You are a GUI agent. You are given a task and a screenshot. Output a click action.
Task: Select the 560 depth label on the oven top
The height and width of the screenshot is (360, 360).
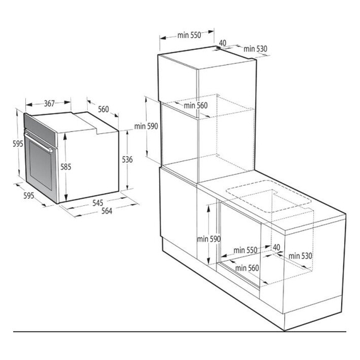[104, 109]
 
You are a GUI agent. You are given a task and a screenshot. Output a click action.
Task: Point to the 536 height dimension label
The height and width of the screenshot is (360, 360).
[128, 160]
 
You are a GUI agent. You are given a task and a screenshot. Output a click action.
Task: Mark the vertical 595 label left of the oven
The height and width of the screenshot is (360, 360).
[18, 144]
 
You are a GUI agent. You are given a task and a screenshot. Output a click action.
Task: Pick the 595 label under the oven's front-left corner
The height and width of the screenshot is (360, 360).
[28, 196]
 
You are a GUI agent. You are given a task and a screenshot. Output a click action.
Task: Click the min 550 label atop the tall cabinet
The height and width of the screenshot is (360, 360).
[188, 35]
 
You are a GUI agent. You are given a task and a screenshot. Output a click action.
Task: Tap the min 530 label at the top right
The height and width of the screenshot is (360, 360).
[256, 49]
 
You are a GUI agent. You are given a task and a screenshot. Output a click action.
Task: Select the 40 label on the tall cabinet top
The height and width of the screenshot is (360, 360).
[222, 44]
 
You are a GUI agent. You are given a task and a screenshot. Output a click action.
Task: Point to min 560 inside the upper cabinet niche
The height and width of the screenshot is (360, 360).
[196, 105]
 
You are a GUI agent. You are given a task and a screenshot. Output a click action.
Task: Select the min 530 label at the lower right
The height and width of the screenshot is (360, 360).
[302, 256]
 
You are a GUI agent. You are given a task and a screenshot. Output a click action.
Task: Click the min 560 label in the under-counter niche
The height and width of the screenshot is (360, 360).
[247, 268]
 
